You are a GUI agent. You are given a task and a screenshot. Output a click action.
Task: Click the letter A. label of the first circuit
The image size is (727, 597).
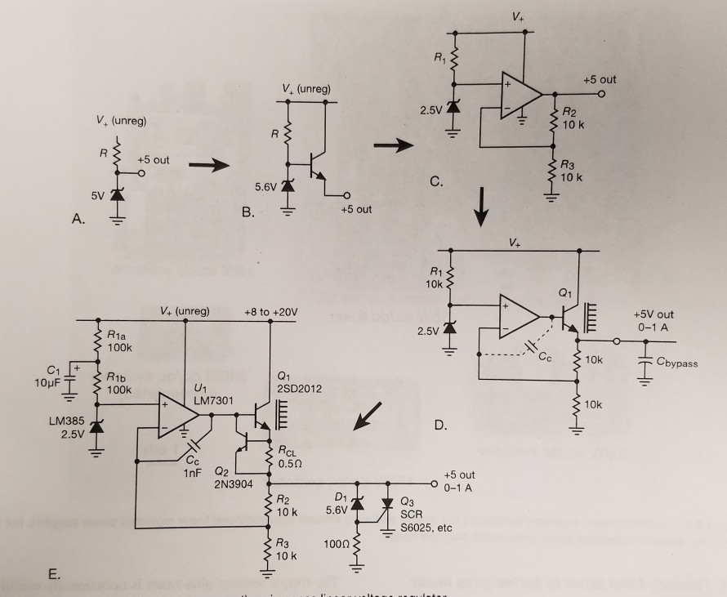click(79, 218)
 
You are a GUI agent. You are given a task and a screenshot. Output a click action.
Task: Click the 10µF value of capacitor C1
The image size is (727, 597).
click(47, 384)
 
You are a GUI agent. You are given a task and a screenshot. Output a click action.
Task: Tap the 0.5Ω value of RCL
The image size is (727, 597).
click(290, 462)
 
